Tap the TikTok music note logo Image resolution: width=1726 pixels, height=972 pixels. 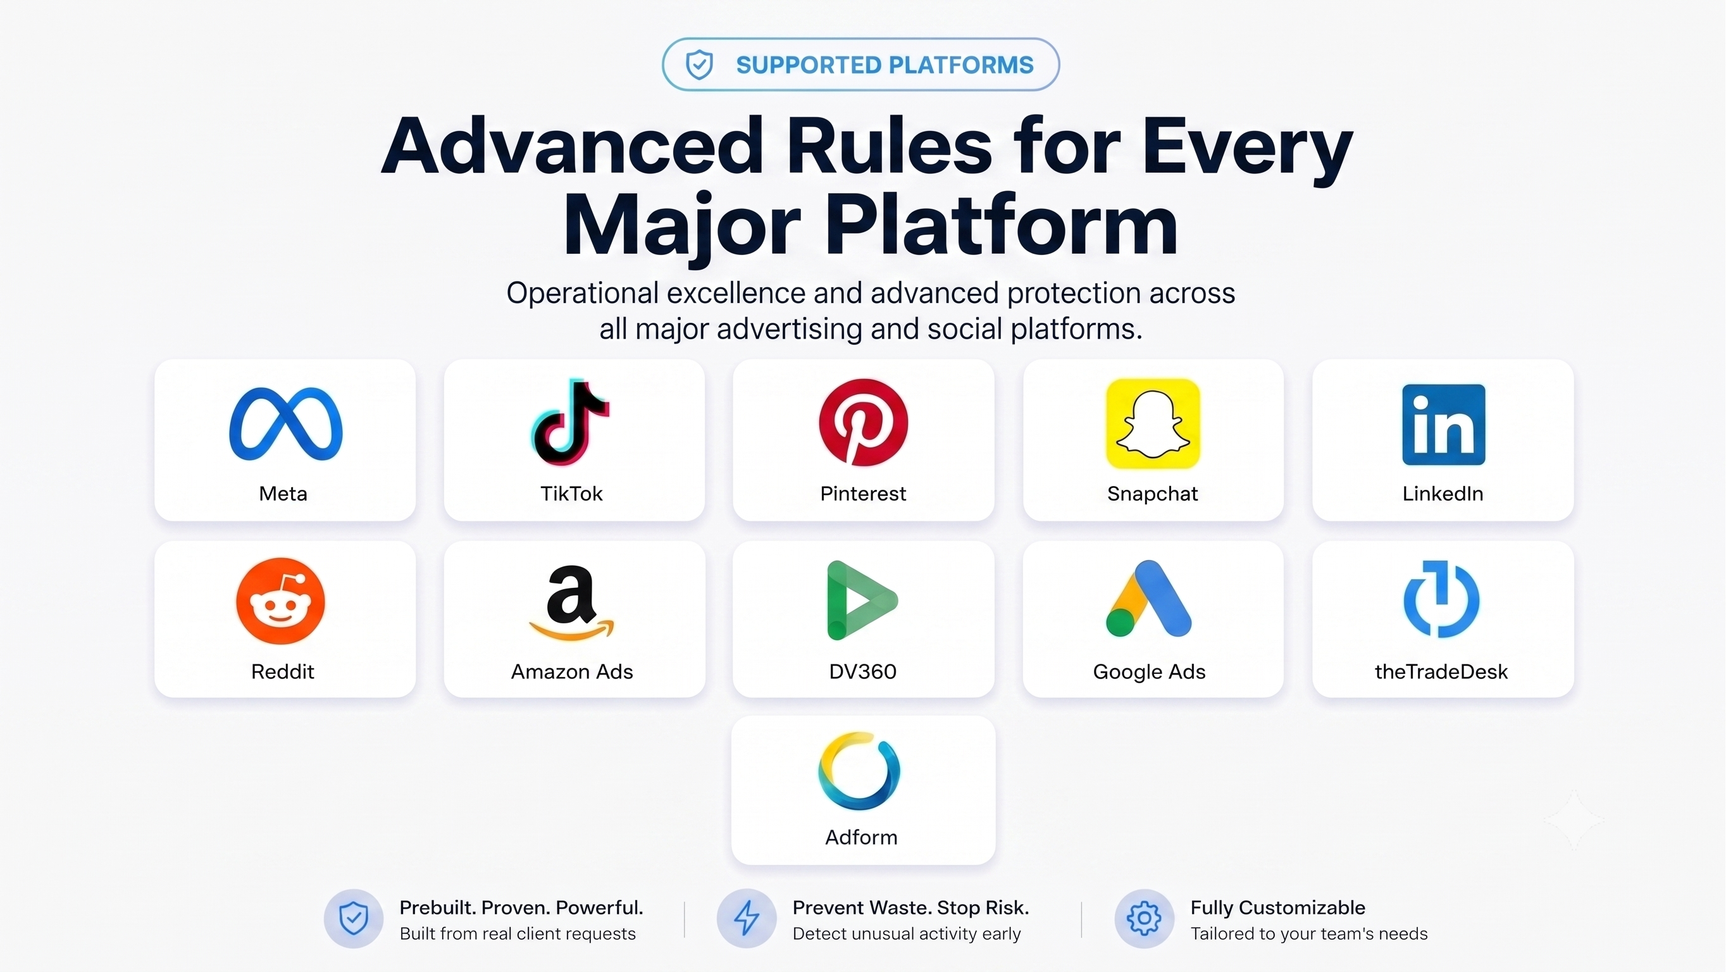pos(570,421)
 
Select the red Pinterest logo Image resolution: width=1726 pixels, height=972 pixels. pos(863,421)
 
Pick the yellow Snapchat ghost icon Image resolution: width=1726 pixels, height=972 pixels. pos(1152,423)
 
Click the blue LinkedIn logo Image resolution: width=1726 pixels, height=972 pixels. pos(1443,425)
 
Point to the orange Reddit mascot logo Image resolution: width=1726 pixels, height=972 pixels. pos(281,601)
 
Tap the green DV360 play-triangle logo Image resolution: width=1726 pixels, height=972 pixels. pos(862,600)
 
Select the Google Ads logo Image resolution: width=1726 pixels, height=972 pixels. pos(1148,598)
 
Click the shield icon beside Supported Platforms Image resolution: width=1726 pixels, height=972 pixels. pos(699,65)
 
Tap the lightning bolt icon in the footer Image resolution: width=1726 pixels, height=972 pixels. pos(747,918)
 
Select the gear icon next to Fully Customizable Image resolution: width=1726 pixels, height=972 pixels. pos(1144,918)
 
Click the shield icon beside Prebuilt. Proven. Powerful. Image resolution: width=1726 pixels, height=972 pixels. pos(353,918)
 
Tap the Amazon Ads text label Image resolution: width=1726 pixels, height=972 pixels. pos(571,671)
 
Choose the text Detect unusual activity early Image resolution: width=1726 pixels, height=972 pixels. pos(906,934)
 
